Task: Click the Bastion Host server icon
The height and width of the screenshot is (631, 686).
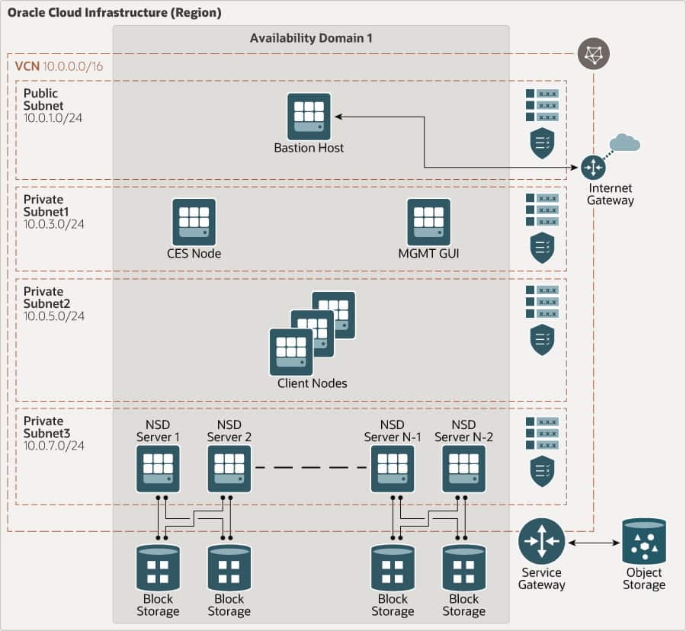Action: [x=309, y=115]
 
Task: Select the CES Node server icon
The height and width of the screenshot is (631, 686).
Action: [x=194, y=221]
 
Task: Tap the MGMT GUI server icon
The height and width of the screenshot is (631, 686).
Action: [x=428, y=221]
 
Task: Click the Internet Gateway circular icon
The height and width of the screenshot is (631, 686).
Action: [x=593, y=167]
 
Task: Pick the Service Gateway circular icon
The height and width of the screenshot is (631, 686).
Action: [x=541, y=541]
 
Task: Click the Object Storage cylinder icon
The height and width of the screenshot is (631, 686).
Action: [x=644, y=541]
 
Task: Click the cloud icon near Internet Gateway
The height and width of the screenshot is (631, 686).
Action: [x=625, y=143]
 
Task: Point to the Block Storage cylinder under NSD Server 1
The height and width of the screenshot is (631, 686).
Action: [x=159, y=569]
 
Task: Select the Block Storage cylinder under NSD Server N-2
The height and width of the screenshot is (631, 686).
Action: [x=463, y=569]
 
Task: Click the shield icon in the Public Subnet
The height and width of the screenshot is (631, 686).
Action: [x=541, y=143]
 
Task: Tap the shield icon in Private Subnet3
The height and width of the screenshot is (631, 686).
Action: [x=541, y=471]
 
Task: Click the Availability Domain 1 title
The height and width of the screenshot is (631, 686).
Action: [x=311, y=38]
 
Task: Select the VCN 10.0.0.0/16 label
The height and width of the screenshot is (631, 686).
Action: [x=59, y=66]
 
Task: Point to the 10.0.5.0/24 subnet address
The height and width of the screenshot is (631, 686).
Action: [x=54, y=315]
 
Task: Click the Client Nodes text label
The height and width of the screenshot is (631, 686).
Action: [x=313, y=383]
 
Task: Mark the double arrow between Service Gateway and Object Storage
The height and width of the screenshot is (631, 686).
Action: [x=593, y=543]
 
